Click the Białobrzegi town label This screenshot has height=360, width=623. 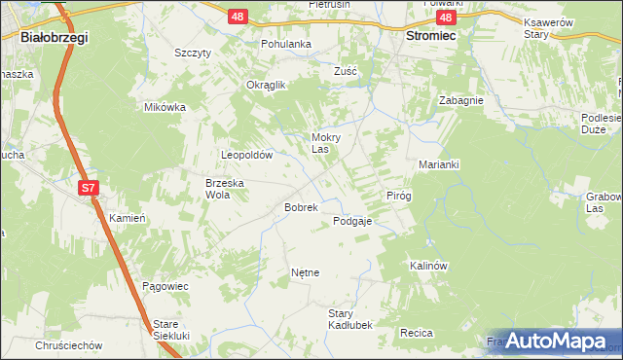(x=54, y=37)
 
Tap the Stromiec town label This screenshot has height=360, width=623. (x=430, y=34)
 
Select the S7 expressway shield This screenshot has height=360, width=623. (x=89, y=187)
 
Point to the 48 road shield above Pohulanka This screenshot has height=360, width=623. (x=238, y=17)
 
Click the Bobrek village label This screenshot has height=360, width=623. (x=301, y=207)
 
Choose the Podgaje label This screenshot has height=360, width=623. (x=352, y=221)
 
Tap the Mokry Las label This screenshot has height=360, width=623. (x=325, y=143)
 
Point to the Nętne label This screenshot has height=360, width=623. (x=305, y=273)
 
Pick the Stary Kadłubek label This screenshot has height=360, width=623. (x=349, y=319)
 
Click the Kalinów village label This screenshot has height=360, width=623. (x=427, y=266)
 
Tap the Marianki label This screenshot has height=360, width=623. (x=439, y=164)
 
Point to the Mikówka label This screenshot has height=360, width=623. (x=165, y=107)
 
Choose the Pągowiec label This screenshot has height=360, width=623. (x=165, y=286)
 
